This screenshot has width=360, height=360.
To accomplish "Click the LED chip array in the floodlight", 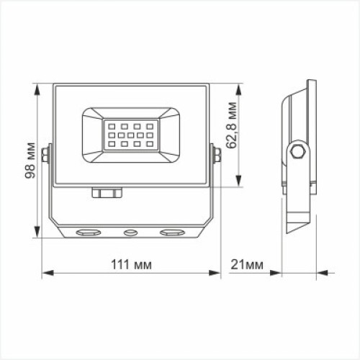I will tap(130, 135).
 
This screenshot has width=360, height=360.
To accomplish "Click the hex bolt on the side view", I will tap(297, 151).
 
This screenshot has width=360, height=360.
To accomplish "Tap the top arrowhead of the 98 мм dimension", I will tap(37, 88).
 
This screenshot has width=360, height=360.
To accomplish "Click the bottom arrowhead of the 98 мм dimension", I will tap(37, 235).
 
